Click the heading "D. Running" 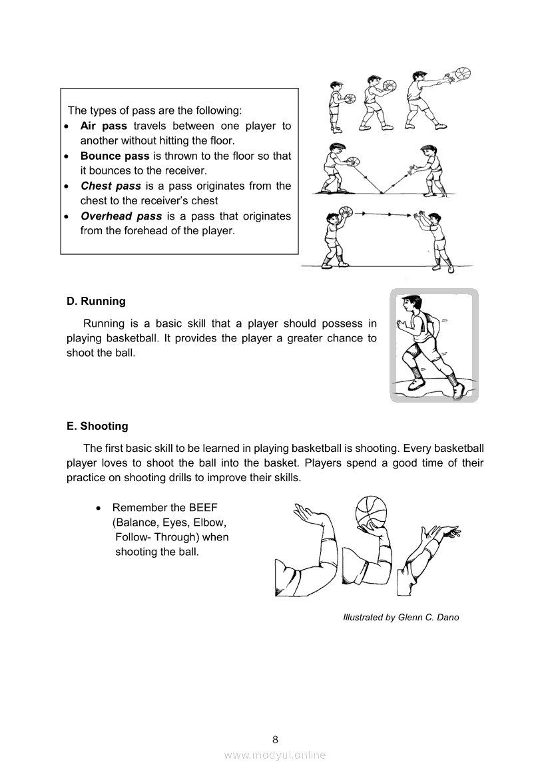pyautogui.click(x=96, y=301)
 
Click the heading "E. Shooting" pyautogui.click(x=97, y=426)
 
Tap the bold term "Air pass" pyautogui.click(x=103, y=126)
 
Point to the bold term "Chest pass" pyautogui.click(x=111, y=186)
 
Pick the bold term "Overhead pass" pyautogui.click(x=121, y=216)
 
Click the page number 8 pyautogui.click(x=275, y=739)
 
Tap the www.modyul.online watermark pyautogui.click(x=275, y=755)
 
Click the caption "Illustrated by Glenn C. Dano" pyautogui.click(x=401, y=617)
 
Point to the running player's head pyautogui.click(x=408, y=304)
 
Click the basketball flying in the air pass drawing pyautogui.click(x=461, y=73)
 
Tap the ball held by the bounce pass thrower pyautogui.click(x=353, y=164)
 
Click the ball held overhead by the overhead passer pyautogui.click(x=346, y=213)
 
